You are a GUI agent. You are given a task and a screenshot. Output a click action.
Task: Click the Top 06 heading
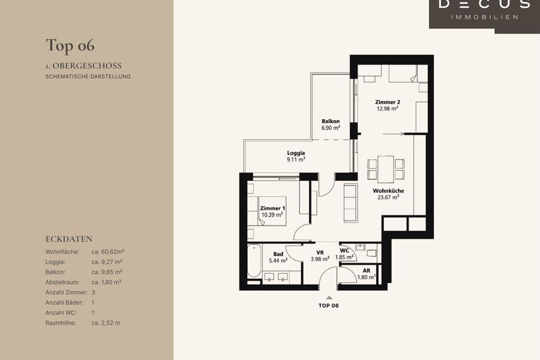point(70,46)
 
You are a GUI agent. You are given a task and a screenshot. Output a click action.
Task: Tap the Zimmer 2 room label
point(387,102)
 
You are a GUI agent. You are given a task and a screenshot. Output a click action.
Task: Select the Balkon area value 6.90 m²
point(330,128)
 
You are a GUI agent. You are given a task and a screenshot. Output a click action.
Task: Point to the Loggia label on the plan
point(296,153)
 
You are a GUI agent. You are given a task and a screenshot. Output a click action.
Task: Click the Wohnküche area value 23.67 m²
point(388,197)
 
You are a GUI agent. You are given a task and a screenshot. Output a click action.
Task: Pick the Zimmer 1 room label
point(272,208)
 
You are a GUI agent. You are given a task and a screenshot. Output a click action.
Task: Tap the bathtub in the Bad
point(254,261)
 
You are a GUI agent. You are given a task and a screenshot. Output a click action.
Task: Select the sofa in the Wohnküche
point(350,203)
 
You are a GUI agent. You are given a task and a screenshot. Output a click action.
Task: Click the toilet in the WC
point(372,253)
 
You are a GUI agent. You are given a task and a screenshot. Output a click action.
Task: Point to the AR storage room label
point(366,271)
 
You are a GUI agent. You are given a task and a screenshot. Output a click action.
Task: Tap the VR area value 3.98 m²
point(320,259)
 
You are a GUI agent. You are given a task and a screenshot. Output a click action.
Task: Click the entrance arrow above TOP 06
point(329,298)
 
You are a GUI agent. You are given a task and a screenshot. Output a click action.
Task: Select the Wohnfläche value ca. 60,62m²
point(108,252)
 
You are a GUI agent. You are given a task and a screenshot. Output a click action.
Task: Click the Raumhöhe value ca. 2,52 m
point(106,323)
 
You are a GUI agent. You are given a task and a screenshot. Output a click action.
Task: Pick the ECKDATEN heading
point(69,239)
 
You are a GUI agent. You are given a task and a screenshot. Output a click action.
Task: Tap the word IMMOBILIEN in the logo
point(485,17)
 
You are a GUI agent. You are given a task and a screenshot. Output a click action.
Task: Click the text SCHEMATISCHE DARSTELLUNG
point(88,76)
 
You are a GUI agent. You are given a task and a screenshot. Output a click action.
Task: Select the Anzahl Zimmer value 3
point(93,292)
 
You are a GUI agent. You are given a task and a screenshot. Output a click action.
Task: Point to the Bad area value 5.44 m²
point(278,261)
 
